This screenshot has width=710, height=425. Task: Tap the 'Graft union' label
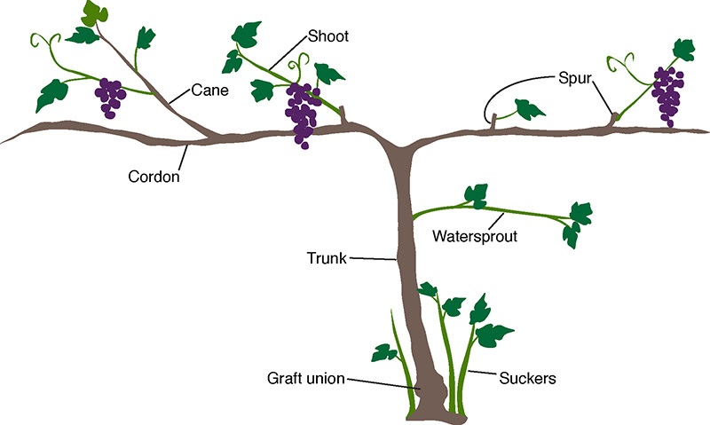coord(306,379)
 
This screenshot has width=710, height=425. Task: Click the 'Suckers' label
coord(526,379)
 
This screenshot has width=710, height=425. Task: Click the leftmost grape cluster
coord(111,96)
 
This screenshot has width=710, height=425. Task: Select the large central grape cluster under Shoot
coord(302,114)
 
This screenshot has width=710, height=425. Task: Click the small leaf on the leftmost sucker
coord(384,352)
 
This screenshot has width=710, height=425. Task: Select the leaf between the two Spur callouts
coord(530,110)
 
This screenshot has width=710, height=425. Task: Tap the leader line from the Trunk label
coord(373,259)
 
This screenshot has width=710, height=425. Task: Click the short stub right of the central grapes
coord(343,115)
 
